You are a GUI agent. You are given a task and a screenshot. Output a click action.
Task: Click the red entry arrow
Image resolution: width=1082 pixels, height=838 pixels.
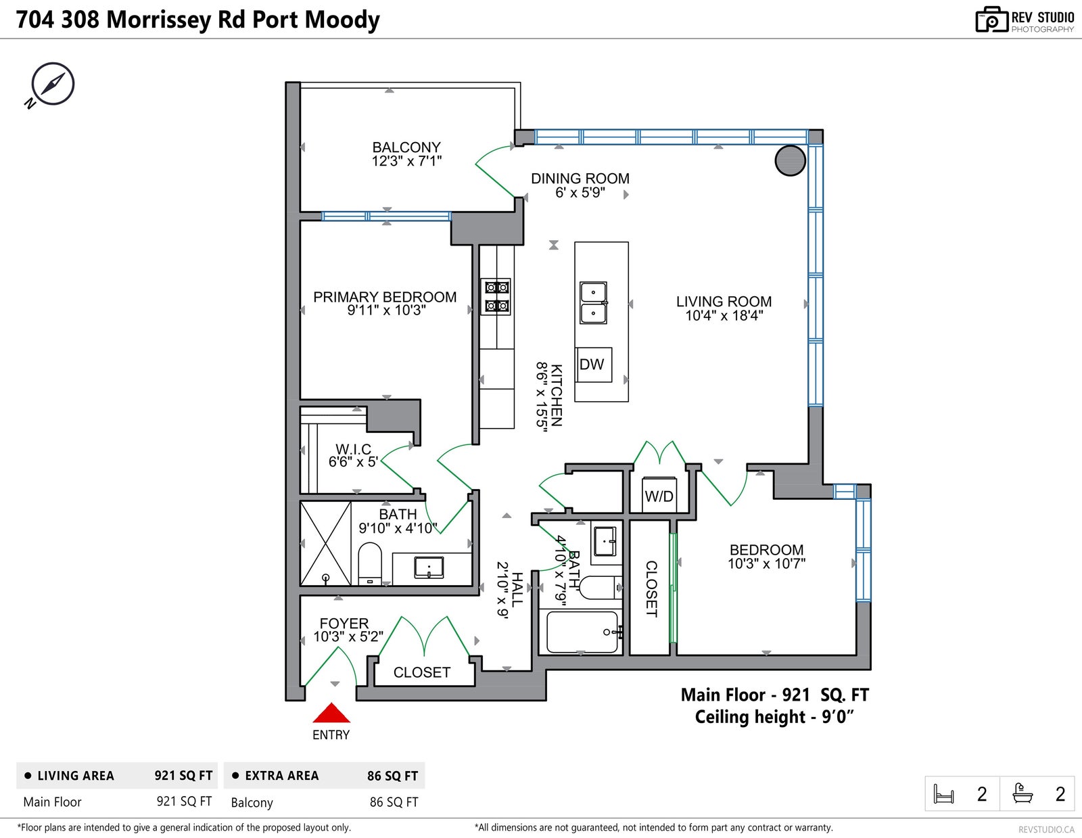pos(331,712)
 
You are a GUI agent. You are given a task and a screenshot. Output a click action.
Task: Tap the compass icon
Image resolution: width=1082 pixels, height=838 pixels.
pos(52,84)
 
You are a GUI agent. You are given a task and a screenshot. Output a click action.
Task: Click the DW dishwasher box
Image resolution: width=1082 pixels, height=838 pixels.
pos(594,365)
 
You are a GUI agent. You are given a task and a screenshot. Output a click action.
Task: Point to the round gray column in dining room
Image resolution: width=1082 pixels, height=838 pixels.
pos(791,160)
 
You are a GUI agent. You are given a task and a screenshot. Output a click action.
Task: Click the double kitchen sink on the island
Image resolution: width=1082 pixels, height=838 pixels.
pos(593,303)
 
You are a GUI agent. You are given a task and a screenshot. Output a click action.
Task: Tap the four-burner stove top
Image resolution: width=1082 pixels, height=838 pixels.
pos(496,297)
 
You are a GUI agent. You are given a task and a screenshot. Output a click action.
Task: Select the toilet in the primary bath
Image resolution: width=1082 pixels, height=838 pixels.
pos(369,563)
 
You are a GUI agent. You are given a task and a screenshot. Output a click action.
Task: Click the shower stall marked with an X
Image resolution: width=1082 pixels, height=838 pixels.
pos(326,543)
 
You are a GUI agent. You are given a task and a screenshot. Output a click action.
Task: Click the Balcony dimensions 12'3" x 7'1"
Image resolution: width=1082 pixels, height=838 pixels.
pos(406,161)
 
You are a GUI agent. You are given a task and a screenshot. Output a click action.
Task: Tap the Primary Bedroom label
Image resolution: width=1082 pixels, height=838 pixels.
pos(384,297)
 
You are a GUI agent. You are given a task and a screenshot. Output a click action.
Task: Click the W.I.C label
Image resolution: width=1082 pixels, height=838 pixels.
pos(353,448)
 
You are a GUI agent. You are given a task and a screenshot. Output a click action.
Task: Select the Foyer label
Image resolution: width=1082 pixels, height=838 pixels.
pos(344,623)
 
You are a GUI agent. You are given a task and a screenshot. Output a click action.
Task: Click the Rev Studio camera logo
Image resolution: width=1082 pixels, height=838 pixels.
pos(991,20)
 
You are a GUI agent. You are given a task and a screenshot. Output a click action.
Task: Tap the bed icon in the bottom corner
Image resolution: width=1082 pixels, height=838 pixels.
pos(943,793)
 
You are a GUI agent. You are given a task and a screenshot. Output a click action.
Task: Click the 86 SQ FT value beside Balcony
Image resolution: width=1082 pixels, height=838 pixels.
pos(394,802)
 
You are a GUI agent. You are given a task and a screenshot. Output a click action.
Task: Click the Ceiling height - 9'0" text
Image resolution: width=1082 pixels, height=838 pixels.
pos(774,717)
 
